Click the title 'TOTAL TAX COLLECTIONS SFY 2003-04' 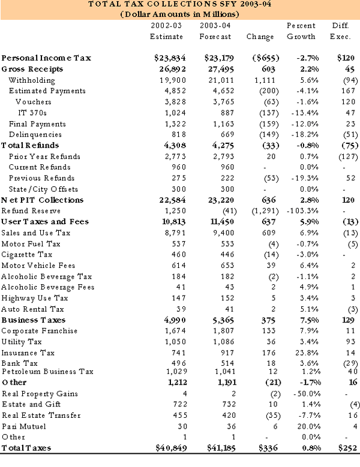click(180, 5)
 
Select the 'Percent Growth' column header click(301, 32)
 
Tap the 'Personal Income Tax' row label click(46, 59)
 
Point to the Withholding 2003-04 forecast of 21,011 click(217, 80)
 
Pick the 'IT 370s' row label click(34, 113)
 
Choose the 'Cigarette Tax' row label click(26, 254)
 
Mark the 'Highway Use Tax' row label click(34, 298)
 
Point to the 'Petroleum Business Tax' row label click(47, 372)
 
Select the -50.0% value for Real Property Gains click(305, 394)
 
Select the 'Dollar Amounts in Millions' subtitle click(180, 14)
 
